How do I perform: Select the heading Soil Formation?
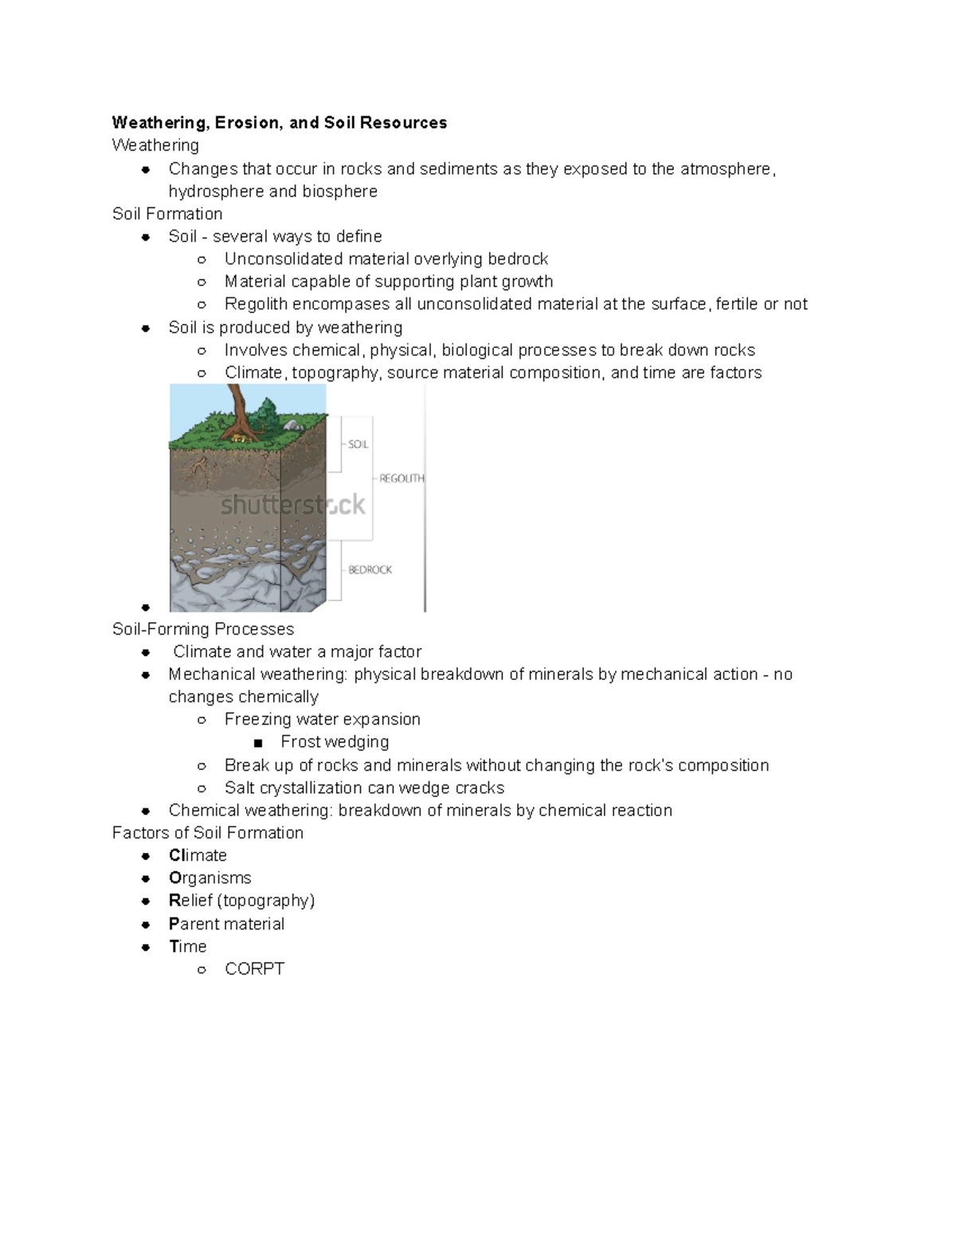167,214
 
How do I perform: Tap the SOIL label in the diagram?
358,444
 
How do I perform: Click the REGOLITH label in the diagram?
402,478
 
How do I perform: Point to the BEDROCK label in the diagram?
370,570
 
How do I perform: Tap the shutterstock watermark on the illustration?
292,505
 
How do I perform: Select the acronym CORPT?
254,969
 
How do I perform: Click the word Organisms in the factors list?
210,878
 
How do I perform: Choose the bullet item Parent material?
226,924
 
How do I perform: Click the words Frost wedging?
335,741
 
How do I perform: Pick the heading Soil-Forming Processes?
203,629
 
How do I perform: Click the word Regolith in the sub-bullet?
256,304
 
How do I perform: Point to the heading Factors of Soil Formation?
208,832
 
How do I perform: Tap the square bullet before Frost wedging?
257,743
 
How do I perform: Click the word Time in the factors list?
187,946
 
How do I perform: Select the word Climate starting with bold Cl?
198,855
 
